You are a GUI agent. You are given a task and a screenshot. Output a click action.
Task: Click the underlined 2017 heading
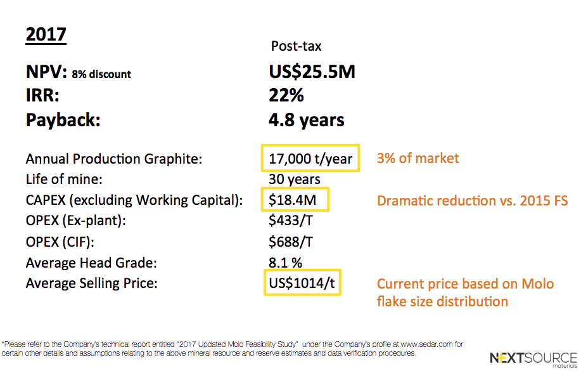(46, 35)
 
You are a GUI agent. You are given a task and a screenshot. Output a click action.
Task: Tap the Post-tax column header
(296, 46)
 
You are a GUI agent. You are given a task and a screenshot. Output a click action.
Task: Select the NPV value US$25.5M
(312, 72)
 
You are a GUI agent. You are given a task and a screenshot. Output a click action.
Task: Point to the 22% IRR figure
(286, 95)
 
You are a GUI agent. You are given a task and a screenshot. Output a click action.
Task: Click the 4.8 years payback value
(307, 120)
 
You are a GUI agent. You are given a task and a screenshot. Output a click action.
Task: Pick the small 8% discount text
(101, 74)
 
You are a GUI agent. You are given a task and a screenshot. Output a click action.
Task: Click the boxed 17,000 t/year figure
(310, 159)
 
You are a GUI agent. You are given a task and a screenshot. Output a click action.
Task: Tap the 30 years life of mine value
(295, 179)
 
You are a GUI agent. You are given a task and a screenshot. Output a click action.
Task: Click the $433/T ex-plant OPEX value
(291, 221)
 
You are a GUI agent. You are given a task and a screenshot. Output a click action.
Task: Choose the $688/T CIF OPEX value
(291, 242)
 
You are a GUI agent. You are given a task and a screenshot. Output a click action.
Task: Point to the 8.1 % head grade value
(285, 263)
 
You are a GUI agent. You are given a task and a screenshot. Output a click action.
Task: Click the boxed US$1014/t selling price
(302, 283)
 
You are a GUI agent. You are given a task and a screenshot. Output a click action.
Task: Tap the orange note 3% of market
(418, 159)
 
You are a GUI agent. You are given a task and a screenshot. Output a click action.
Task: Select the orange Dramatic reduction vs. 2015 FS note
(473, 200)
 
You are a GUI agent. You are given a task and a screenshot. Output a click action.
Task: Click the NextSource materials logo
(533, 359)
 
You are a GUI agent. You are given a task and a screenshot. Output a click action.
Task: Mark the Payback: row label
(63, 120)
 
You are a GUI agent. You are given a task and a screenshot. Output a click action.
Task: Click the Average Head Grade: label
(91, 263)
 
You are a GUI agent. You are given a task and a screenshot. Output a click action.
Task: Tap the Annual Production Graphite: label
(114, 159)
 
